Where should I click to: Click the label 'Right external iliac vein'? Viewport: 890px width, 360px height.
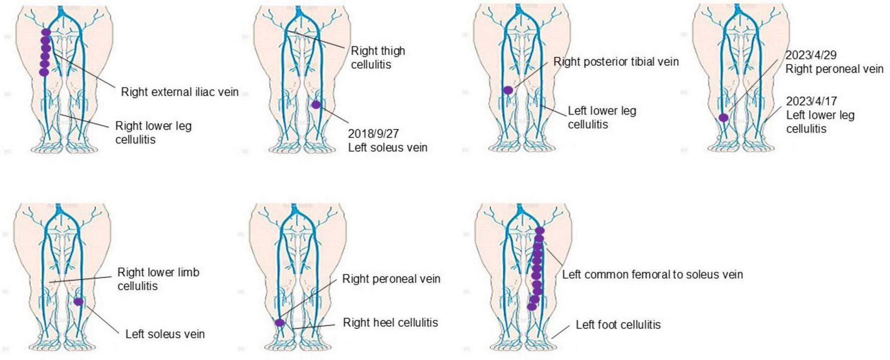point(179,92)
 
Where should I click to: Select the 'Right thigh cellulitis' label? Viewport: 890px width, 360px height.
point(377,57)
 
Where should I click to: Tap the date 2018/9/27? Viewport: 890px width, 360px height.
point(373,134)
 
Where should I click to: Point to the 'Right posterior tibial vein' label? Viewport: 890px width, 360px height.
point(616,62)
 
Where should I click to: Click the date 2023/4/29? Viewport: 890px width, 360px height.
point(811,55)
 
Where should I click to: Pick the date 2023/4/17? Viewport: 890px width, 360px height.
point(811,101)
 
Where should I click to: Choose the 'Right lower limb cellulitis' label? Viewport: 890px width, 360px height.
point(158,279)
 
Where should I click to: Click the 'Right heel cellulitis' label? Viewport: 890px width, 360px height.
point(390,322)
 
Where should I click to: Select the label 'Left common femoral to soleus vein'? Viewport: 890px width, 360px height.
point(652,274)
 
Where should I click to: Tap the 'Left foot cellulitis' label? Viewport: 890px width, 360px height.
point(618,324)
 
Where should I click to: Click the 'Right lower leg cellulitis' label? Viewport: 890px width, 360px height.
point(153,132)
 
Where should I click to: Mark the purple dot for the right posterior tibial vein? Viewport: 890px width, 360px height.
point(508,90)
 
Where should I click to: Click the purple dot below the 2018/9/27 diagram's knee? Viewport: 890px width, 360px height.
point(315,104)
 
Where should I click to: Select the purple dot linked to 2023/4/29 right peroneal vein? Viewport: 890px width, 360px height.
point(723,117)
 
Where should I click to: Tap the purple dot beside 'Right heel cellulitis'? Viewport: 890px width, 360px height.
point(280,322)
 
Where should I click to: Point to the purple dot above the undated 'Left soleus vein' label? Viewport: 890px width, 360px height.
point(78,302)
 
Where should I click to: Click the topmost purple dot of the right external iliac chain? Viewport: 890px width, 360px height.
point(46,33)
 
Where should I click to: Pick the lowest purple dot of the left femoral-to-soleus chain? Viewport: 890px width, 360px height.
point(531,306)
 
